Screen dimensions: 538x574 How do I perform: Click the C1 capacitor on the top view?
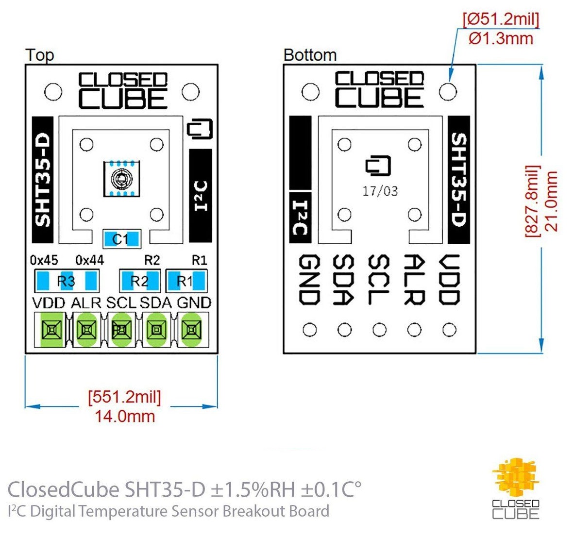click(121, 239)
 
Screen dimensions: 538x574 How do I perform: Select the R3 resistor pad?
click(66, 281)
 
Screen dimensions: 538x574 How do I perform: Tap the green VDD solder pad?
click(51, 330)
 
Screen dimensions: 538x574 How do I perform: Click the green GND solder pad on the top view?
click(191, 330)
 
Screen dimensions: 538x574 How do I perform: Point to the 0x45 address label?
click(44, 260)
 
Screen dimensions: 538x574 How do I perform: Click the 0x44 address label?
click(89, 260)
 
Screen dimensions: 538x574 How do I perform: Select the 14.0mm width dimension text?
click(125, 416)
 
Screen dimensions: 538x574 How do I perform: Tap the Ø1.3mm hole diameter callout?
click(501, 39)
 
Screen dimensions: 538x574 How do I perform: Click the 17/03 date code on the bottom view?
click(380, 191)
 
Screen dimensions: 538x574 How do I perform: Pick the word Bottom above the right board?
click(310, 55)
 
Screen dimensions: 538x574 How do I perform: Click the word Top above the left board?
click(39, 55)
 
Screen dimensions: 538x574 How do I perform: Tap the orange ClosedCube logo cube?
click(515, 476)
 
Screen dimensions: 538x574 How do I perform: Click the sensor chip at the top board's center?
click(120, 180)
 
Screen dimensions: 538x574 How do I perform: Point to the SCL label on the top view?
click(121, 303)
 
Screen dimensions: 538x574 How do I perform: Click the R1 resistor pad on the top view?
click(186, 281)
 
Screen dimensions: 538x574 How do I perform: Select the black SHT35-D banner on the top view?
click(43, 180)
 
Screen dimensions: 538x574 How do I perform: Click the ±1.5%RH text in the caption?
click(253, 489)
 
